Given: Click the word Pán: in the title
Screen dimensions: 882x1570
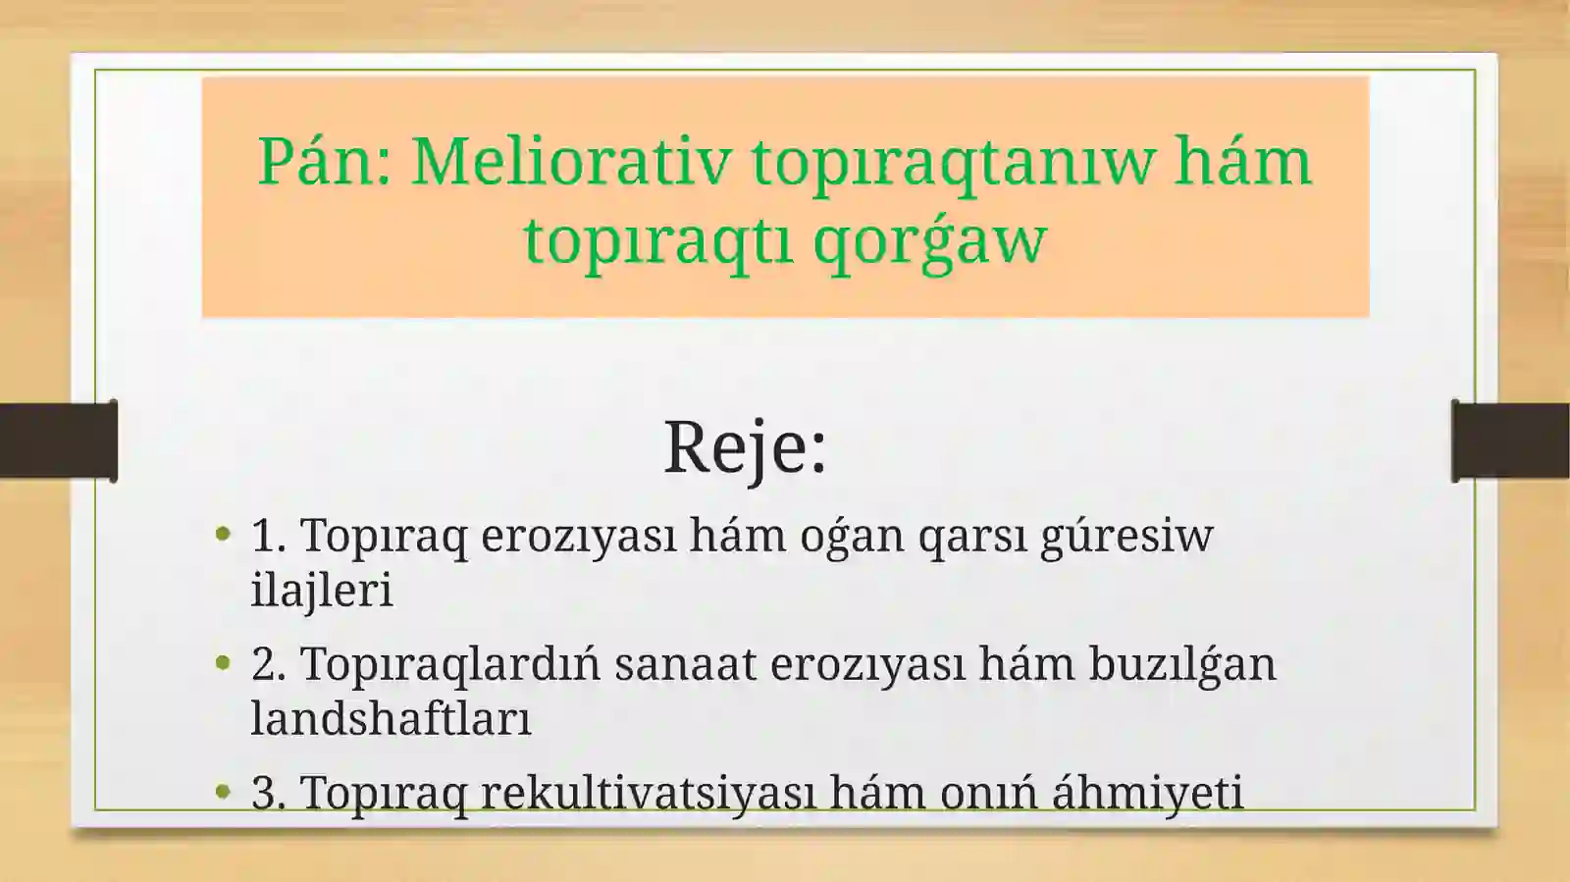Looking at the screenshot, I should (x=324, y=162).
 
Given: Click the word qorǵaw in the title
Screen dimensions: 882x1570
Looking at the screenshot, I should (x=930, y=240).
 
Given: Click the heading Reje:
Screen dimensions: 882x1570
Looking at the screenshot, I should (x=746, y=447).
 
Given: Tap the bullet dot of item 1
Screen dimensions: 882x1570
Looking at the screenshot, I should (x=224, y=535).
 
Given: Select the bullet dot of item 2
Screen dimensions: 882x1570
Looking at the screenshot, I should (x=224, y=664).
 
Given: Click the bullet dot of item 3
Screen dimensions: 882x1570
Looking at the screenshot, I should (x=224, y=791).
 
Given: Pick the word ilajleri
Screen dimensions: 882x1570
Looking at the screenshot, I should (x=322, y=591).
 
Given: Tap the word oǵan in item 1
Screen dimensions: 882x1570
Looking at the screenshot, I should (x=852, y=537).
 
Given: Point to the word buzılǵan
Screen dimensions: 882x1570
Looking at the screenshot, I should (x=1181, y=665).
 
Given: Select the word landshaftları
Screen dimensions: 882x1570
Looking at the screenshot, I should (x=391, y=718).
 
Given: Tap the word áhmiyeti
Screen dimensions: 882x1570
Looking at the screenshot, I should (x=1147, y=793).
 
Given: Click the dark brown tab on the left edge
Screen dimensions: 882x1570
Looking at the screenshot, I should (x=57, y=441).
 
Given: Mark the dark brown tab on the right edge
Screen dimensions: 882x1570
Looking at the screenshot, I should (x=1511, y=441).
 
